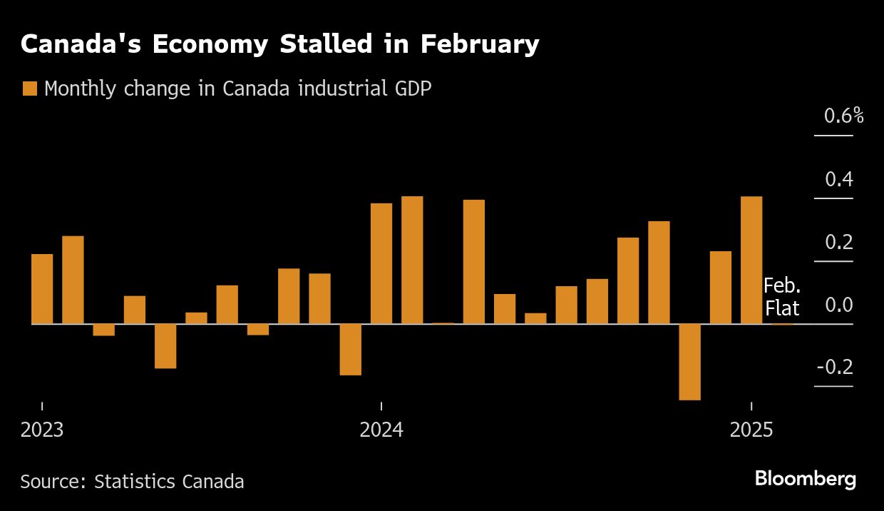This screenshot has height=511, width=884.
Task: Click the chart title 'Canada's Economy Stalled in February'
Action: point(279,44)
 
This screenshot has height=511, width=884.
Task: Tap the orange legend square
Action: point(29,88)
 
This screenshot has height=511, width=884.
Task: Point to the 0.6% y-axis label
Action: point(843,116)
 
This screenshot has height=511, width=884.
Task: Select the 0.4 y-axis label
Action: point(839,179)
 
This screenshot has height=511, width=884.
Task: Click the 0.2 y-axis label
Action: point(839,243)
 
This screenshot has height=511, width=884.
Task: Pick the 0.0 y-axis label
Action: point(839,305)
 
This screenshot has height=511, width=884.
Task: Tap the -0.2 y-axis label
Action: point(835,368)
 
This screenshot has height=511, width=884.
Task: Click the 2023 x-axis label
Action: point(42,430)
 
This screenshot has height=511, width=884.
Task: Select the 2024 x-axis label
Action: point(381,430)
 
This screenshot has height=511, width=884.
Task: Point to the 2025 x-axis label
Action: point(751,430)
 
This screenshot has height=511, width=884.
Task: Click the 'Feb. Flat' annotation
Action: point(782,297)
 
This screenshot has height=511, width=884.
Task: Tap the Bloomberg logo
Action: point(805,479)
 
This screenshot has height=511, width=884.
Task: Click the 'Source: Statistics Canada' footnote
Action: point(132,482)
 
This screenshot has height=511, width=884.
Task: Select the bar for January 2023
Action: point(42,289)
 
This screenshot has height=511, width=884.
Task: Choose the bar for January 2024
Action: point(381,263)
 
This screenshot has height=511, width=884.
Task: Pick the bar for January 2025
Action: point(751,260)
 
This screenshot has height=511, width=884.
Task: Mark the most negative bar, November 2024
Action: point(689,362)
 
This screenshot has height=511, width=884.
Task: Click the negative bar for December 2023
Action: point(350,350)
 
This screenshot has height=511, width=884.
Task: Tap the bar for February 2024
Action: point(412,260)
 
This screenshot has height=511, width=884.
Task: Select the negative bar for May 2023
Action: point(165,346)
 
